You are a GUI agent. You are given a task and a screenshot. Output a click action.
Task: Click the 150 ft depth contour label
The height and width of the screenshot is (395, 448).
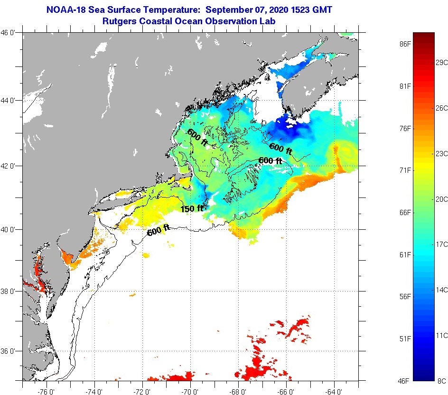click(x=192, y=208)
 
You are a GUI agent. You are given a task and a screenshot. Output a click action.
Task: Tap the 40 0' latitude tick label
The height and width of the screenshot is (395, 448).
click(x=9, y=229)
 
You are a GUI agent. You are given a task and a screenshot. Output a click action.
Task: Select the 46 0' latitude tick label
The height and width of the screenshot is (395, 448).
click(x=9, y=33)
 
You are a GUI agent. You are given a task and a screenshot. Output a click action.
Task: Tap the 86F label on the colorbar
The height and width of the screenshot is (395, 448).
click(x=404, y=44)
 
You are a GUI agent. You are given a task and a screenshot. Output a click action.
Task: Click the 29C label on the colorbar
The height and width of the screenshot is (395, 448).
click(x=442, y=63)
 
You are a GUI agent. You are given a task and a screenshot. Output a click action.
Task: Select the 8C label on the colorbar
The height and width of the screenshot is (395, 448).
click(x=441, y=380)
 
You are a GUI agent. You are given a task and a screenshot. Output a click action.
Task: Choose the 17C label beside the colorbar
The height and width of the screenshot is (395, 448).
click(x=442, y=244)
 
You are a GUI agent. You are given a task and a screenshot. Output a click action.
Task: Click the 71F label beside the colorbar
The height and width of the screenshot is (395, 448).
click(x=404, y=170)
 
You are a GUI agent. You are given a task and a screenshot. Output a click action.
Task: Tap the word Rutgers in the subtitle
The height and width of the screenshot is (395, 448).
click(x=120, y=21)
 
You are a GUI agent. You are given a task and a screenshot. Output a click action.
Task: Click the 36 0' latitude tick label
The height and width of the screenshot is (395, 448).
click(x=9, y=351)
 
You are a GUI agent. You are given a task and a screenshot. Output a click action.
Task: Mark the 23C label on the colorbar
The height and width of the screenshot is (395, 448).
click(x=442, y=153)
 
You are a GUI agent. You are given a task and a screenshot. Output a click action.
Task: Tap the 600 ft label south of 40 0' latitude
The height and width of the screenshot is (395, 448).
click(x=159, y=230)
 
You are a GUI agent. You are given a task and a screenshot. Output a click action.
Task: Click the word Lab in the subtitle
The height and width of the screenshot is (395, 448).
click(x=268, y=21)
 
